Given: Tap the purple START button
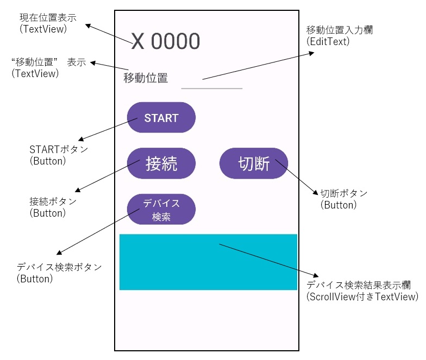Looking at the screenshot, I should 161,117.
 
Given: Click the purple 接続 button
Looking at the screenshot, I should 161,163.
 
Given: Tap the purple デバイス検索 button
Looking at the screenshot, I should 161,209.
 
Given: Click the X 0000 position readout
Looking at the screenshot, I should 165,41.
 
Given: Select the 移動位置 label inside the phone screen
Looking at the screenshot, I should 146,78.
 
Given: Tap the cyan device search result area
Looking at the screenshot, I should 208,262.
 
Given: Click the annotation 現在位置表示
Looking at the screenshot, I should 48,17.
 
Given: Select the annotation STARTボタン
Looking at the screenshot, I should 58,149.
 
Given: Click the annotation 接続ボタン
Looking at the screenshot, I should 53,201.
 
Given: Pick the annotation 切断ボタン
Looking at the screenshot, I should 343,193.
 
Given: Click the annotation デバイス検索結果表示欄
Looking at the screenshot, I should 358,285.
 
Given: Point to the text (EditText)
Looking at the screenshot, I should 328,41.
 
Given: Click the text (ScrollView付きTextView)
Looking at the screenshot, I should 362,296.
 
